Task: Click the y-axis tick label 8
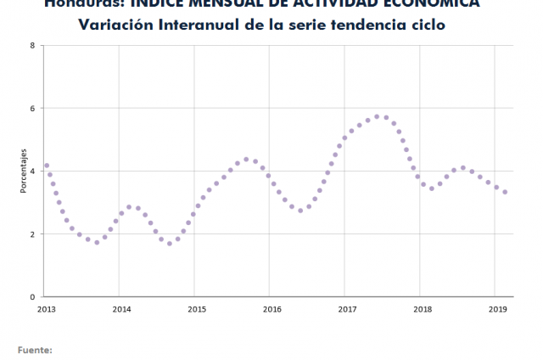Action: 31,45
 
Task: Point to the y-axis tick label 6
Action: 31,108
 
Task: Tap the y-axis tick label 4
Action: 31,171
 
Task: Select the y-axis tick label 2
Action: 31,233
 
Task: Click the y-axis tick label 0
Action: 31,296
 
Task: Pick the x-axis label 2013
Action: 46,309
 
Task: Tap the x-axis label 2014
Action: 121,309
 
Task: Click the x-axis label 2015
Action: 197,309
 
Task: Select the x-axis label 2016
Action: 271,309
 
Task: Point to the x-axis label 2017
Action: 347,309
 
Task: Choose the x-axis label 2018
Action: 423,309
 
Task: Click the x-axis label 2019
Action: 498,309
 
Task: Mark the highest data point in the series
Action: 377,116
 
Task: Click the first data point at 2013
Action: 47,166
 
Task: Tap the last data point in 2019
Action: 505,192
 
